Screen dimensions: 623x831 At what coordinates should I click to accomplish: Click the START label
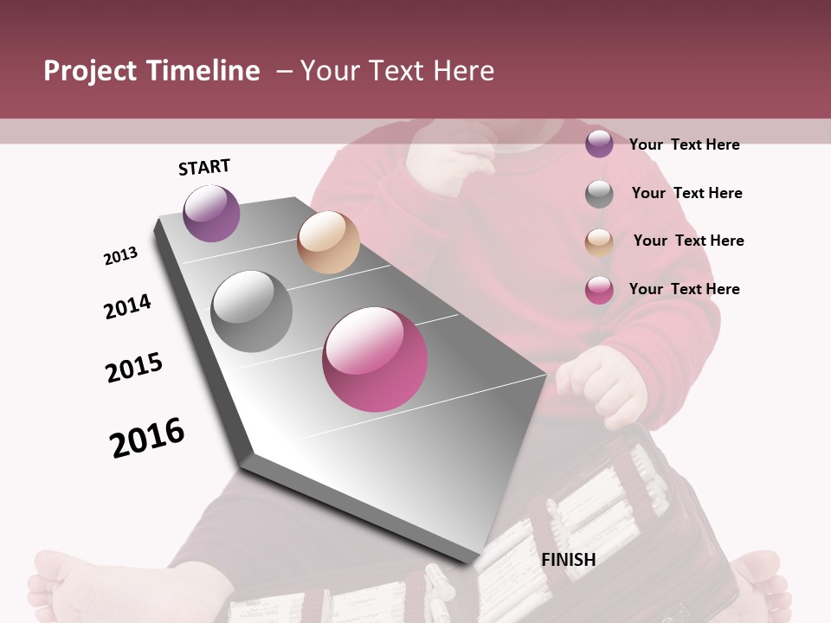pos(204,167)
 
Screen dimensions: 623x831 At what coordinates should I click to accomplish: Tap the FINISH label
pos(568,560)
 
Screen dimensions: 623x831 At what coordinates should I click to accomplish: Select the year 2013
pos(120,256)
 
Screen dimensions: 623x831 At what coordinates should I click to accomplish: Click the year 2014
pos(127,306)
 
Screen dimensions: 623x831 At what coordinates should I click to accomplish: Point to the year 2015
pos(134,368)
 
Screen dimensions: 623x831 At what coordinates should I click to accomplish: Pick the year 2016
pos(147,437)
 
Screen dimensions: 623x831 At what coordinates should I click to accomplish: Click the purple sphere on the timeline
pos(211,213)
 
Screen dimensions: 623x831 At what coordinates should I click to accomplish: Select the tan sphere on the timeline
pos(328,242)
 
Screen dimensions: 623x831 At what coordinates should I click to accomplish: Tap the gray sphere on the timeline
pos(252,311)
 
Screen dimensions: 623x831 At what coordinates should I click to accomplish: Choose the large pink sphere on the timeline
pos(375,359)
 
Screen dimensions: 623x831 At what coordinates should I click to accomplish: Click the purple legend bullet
pos(599,145)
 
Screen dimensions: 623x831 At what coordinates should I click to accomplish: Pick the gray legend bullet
pos(599,194)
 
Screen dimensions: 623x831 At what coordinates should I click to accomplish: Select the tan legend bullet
pos(599,242)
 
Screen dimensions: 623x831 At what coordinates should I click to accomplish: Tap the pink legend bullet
pos(599,290)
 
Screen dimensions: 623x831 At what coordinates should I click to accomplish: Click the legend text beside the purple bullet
pos(684,145)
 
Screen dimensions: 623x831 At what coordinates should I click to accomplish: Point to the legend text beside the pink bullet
pos(684,289)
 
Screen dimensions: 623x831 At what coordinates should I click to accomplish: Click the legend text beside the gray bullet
pos(686,193)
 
